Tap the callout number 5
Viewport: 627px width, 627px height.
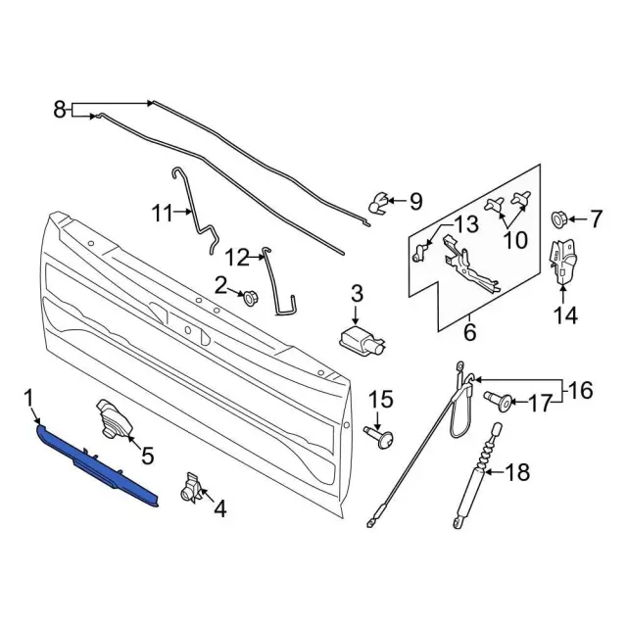pos(147,455)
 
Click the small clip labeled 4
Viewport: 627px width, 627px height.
pos(192,487)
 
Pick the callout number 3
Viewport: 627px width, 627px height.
pos(357,293)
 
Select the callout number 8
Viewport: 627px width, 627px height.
pos(59,110)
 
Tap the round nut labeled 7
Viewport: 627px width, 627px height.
pos(562,217)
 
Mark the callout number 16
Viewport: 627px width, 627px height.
pos(580,391)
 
